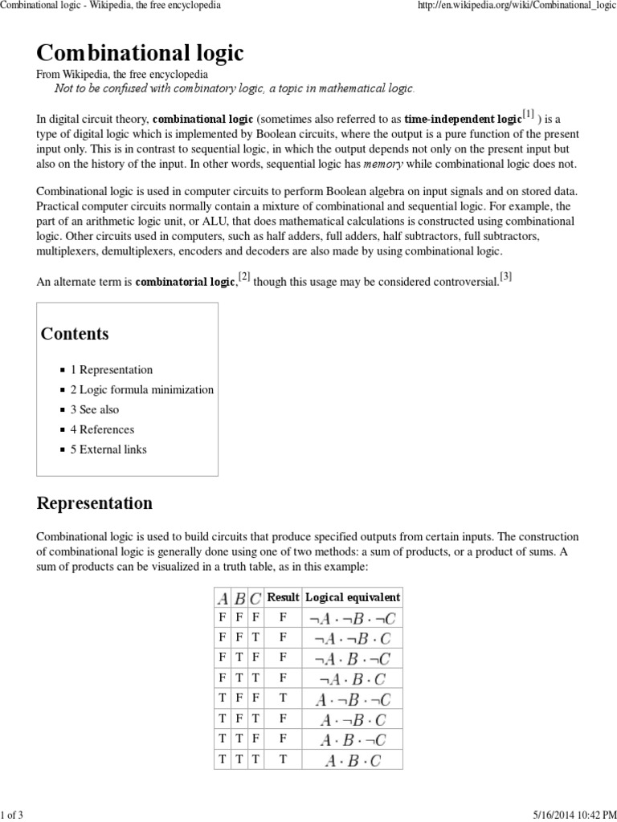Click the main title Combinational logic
tap(140, 53)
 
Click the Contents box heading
tap(75, 334)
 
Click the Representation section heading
tap(95, 504)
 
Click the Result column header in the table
tap(283, 598)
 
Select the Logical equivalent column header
tap(353, 598)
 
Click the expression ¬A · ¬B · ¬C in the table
tap(353, 618)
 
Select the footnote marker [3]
tap(505, 277)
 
